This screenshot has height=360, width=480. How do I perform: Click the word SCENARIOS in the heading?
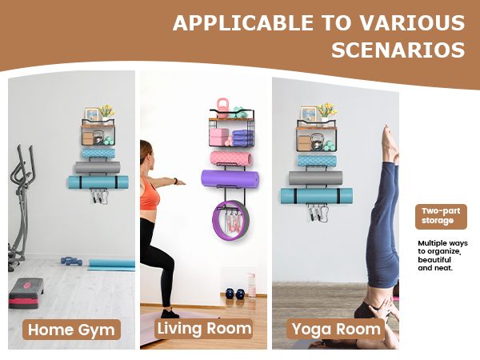point(398,50)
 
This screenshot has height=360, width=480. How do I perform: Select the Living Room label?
point(204,328)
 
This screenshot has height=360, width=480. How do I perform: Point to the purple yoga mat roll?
point(232,179)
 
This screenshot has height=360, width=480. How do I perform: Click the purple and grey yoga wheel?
point(235,224)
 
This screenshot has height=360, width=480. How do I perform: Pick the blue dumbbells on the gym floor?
point(70,260)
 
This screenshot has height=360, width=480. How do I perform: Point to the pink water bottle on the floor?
point(251,285)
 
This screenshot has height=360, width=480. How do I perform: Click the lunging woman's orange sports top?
point(150,194)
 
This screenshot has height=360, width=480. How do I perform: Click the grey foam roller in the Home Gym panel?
point(97,167)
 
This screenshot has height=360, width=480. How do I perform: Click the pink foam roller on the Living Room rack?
point(230,158)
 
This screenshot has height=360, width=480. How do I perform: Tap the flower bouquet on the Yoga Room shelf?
point(326,110)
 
